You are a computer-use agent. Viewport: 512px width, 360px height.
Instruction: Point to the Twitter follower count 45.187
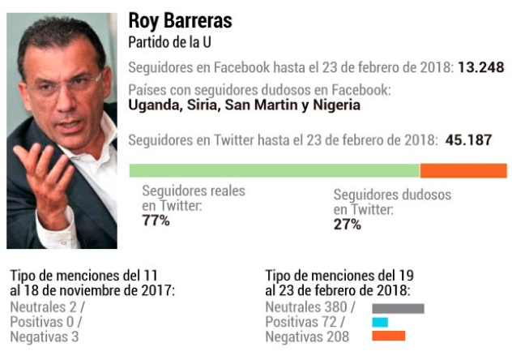468,139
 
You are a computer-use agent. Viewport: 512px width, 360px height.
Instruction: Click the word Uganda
151,105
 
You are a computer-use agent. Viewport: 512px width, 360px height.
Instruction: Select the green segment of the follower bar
274,170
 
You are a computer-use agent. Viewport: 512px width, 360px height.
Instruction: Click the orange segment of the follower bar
463,170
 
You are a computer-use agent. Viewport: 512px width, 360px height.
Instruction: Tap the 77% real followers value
156,221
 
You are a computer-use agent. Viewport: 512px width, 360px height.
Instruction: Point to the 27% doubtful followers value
348,225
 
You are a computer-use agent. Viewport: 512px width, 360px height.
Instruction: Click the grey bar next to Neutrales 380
398,308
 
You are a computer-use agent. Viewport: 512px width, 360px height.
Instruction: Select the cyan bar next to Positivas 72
380,322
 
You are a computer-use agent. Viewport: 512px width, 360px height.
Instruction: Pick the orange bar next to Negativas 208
388,336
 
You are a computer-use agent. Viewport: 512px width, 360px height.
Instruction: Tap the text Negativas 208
307,336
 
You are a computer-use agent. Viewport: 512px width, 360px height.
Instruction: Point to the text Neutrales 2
45,307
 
